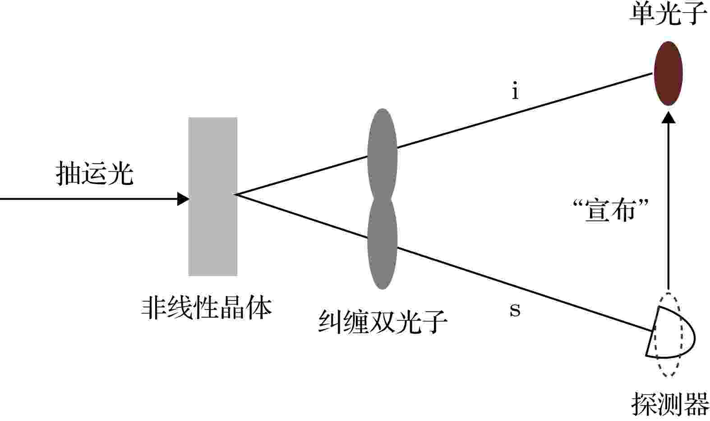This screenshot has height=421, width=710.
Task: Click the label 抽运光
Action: tap(94, 173)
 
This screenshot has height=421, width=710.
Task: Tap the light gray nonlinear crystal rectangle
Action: tap(212, 197)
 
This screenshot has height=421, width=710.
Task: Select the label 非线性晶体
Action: tap(206, 308)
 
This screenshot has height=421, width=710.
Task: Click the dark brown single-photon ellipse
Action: tap(668, 73)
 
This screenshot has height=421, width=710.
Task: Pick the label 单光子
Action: tap(668, 14)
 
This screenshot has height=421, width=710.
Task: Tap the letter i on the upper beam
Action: tap(516, 91)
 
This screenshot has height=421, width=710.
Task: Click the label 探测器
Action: tap(670, 404)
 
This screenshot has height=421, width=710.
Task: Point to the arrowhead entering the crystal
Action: tap(183, 199)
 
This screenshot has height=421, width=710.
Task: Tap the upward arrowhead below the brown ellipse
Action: tap(669, 117)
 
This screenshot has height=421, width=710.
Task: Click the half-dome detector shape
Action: tap(670, 332)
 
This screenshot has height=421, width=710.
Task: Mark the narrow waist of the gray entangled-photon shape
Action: tap(382, 199)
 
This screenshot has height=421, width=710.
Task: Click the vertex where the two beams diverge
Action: tap(235, 194)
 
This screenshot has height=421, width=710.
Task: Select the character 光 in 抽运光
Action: tap(120, 173)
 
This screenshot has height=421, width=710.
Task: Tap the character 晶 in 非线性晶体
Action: tap(232, 308)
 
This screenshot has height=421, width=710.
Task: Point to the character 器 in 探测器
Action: tap(696, 404)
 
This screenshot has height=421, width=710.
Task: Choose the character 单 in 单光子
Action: tap(642, 14)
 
